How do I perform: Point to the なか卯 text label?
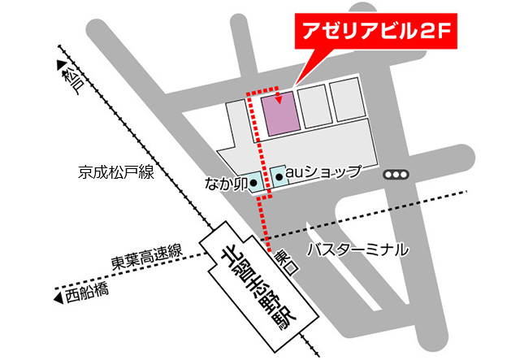224,184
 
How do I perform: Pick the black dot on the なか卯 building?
253,184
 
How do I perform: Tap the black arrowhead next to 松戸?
62,64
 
